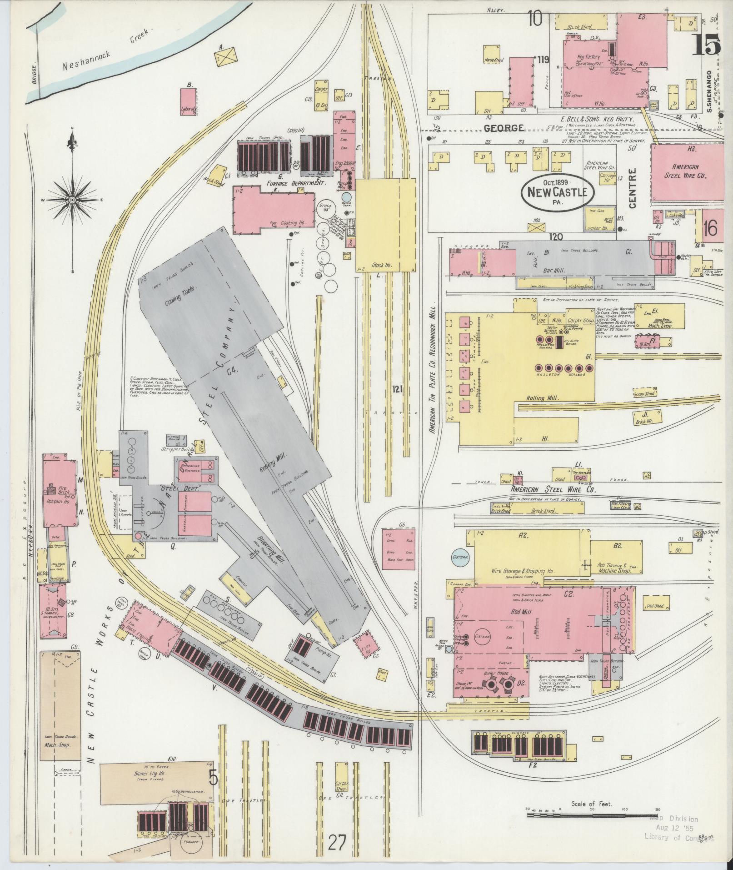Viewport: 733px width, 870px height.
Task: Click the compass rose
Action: pyautogui.click(x=72, y=200)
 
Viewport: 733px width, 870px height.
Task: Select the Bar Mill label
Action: pyautogui.click(x=553, y=270)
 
